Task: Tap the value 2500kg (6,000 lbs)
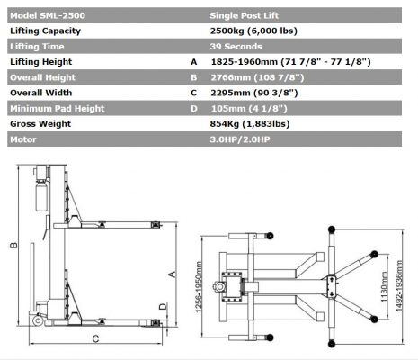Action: tap(253, 30)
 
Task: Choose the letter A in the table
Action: tap(194, 61)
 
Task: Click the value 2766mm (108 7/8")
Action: tap(255, 78)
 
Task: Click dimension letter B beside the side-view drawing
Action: tap(13, 245)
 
